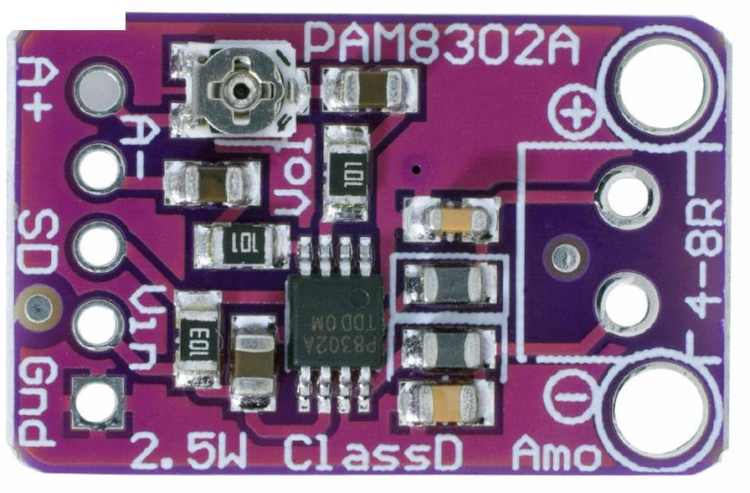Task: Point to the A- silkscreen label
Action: pyautogui.click(x=136, y=145)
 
